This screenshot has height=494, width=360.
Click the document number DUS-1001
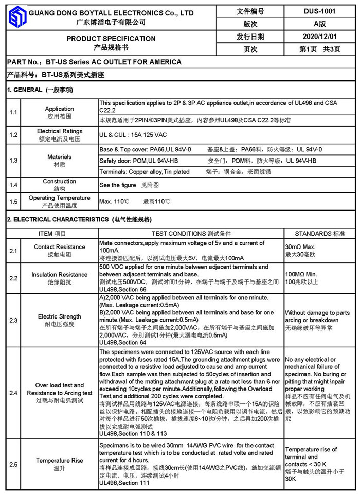pyautogui.click(x=320, y=11)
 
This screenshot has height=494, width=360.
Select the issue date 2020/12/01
pyautogui.click(x=320, y=37)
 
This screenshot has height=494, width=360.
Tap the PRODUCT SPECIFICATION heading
pyautogui.click(x=111, y=39)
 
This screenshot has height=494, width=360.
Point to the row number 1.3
pyautogui.click(x=13, y=161)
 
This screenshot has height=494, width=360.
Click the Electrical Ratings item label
pyautogui.click(x=59, y=131)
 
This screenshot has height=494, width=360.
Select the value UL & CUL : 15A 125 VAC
pyautogui.click(x=133, y=135)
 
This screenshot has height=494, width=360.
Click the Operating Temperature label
pyautogui.click(x=59, y=198)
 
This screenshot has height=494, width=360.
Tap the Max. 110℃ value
pyautogui.click(x=115, y=202)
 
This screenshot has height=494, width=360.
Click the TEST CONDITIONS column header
pyautogui.click(x=191, y=233)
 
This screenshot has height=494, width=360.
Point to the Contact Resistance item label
pyautogui.click(x=59, y=247)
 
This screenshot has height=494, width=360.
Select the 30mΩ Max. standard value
pyautogui.click(x=301, y=247)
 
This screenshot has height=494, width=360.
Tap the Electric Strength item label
pyautogui.click(x=59, y=316)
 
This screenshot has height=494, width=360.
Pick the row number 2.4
pyautogui.click(x=13, y=393)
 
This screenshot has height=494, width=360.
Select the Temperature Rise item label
pyautogui.click(x=59, y=461)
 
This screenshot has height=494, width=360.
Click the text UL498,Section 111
pyautogui.click(x=124, y=483)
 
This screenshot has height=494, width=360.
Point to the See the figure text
pyautogui.click(x=118, y=185)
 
